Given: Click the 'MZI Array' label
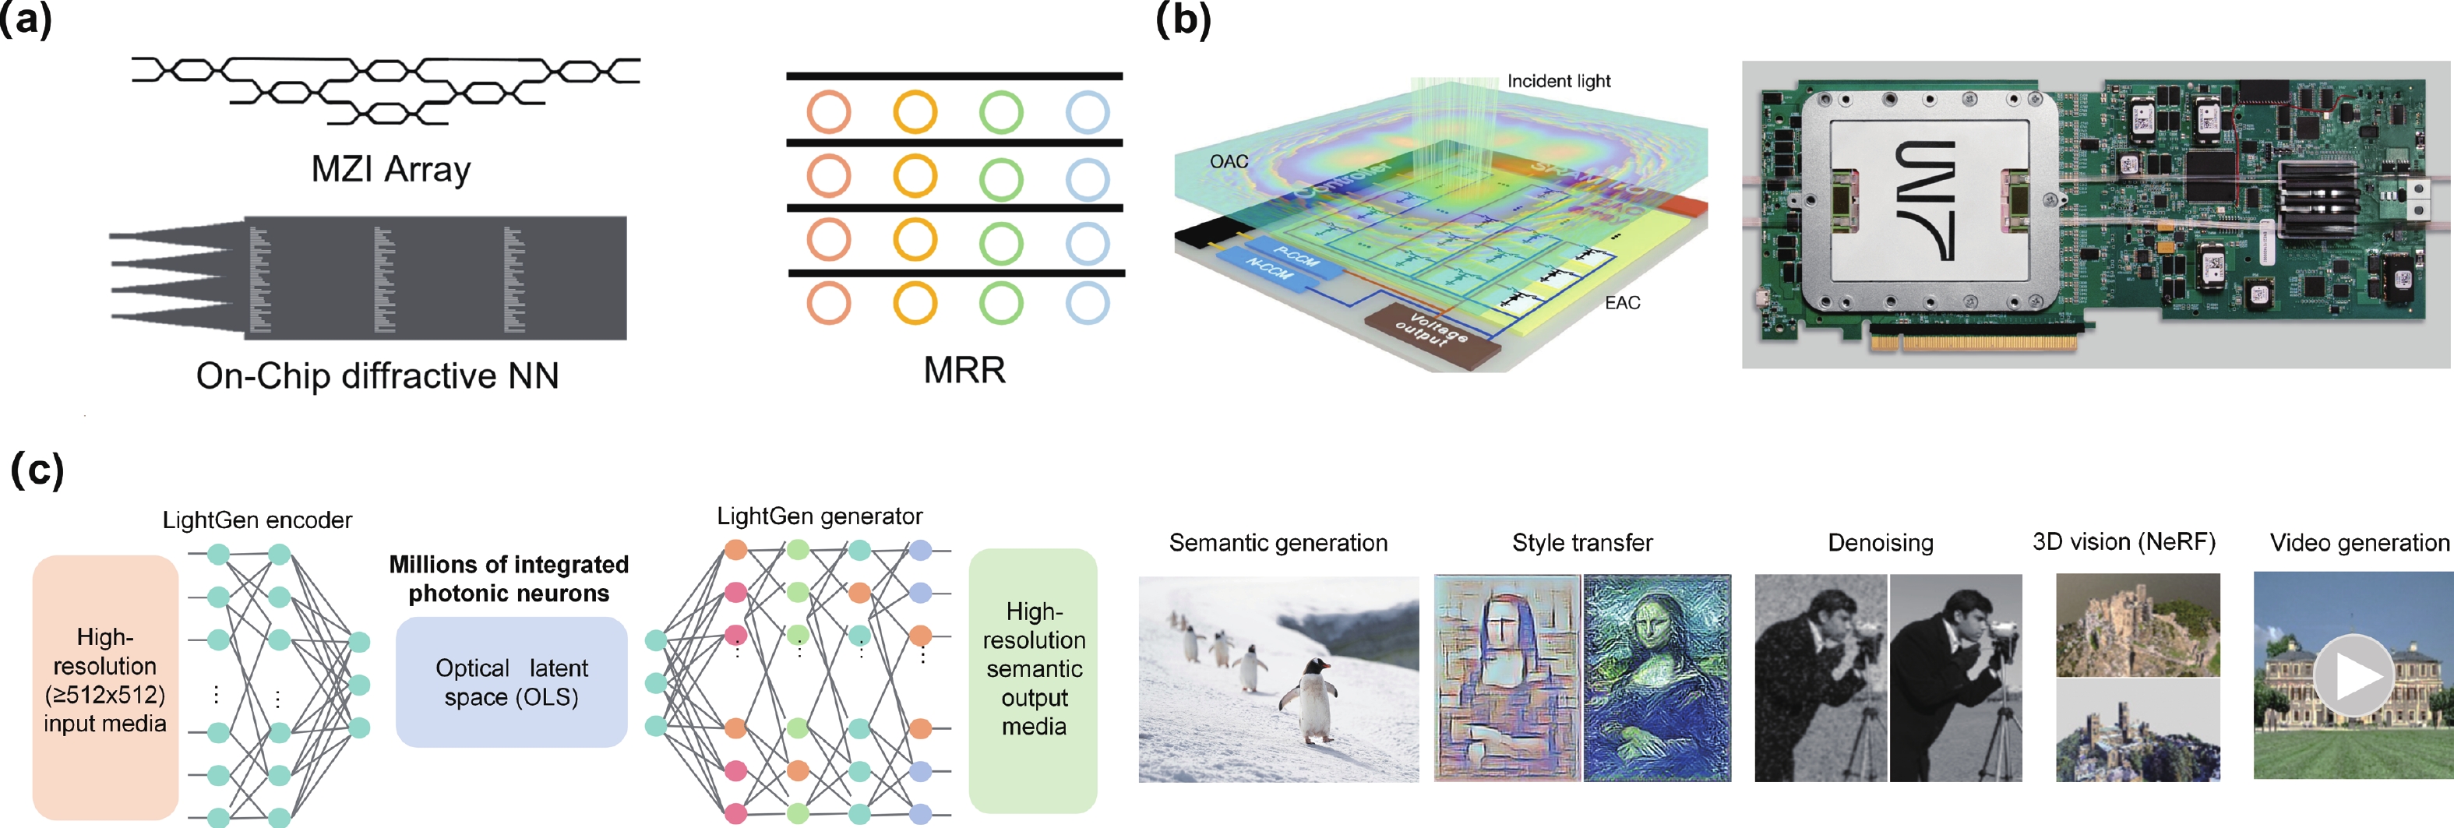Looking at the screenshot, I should [x=390, y=170].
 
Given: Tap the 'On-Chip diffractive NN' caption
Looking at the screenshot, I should [x=377, y=375].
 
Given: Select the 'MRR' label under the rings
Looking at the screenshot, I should [x=964, y=370].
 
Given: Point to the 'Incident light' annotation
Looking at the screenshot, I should [x=1559, y=82].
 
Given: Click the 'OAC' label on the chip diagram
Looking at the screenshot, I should [x=1228, y=162].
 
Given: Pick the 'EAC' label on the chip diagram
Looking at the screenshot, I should [x=1622, y=303].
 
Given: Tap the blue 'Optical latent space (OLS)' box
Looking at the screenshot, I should [x=512, y=682].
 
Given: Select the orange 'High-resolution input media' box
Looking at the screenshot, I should [x=105, y=686].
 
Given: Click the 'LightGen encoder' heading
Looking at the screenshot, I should [x=257, y=520].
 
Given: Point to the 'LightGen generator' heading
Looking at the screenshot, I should [x=820, y=516].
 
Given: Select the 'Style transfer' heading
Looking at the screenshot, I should [x=1582, y=543].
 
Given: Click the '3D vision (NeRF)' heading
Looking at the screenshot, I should [x=2124, y=542].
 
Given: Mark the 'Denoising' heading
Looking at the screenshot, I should [x=1881, y=543].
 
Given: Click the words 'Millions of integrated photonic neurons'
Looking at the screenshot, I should [x=509, y=579].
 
